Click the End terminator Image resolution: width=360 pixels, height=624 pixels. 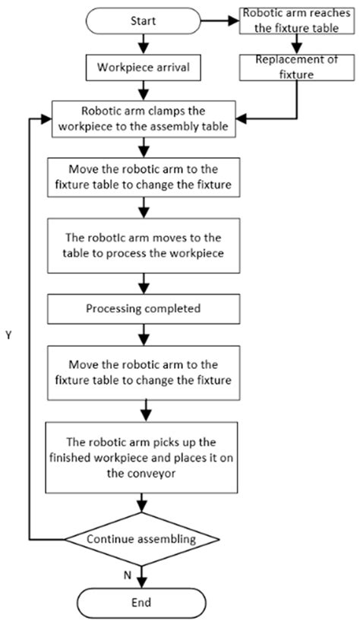click(x=143, y=603)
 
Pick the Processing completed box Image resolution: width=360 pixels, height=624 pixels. click(x=143, y=308)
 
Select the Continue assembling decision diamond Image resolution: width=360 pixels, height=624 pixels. click(x=143, y=540)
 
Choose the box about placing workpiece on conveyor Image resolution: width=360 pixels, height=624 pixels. click(x=143, y=460)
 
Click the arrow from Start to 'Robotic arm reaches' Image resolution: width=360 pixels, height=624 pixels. click(x=219, y=21)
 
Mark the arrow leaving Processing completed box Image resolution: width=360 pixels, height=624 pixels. click(x=143, y=332)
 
